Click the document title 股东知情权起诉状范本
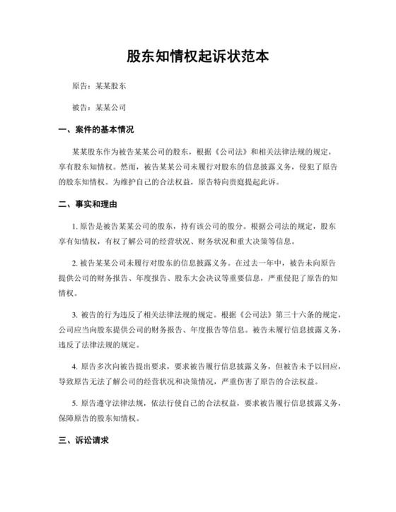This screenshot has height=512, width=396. (x=198, y=56)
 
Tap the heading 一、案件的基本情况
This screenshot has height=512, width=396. (x=96, y=130)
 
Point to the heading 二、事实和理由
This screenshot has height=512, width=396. (x=86, y=204)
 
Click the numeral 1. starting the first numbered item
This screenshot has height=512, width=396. (x=75, y=225)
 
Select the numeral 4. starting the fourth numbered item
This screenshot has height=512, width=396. (x=75, y=367)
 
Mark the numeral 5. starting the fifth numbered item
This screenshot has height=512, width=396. (x=75, y=403)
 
